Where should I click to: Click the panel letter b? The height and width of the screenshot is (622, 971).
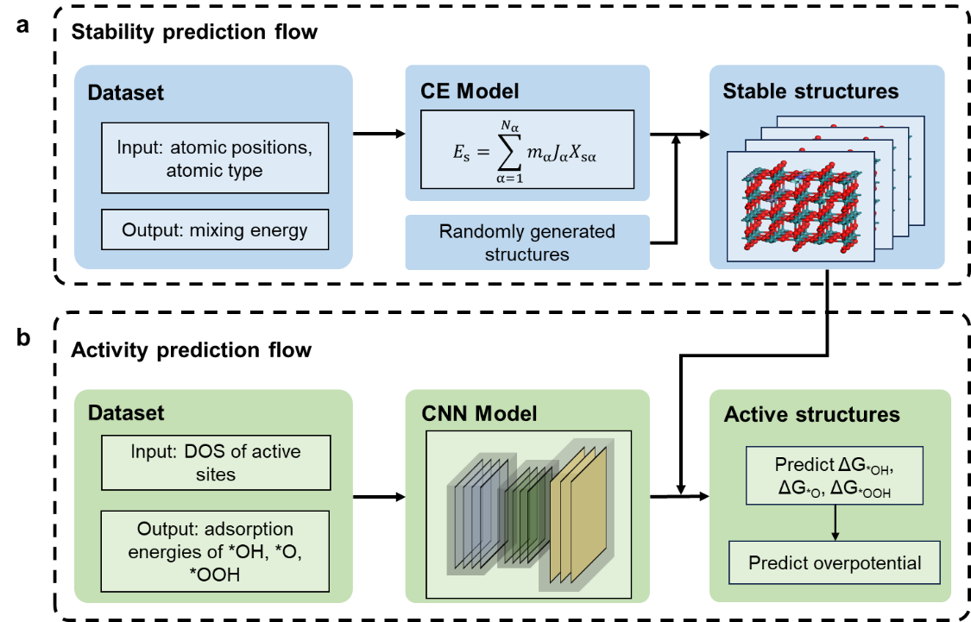pos(23,338)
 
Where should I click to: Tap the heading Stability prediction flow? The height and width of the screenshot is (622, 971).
pos(194,32)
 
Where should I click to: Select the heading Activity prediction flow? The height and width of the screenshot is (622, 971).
pos(191,349)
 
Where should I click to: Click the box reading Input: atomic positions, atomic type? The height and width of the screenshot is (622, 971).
pos(215,158)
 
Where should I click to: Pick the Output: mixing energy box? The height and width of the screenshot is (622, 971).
pos(215,229)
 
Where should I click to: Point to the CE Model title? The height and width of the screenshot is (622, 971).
pos(470,91)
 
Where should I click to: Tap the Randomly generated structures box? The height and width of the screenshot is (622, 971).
pos(527,242)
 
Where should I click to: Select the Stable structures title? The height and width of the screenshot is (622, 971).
pos(810,91)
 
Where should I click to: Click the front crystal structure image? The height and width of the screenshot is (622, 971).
pos(801,206)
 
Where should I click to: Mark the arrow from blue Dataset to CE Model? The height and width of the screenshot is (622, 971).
pos(379,134)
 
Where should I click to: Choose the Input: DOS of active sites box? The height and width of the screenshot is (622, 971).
pos(216,462)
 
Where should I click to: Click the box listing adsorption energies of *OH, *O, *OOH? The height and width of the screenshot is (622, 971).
pos(215,550)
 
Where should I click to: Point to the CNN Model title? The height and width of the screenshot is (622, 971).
pos(479,413)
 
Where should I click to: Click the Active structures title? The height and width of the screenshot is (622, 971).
pos(812,414)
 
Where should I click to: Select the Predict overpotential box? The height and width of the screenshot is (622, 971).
pos(834,562)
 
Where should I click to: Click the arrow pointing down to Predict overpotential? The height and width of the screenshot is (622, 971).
pos(835,522)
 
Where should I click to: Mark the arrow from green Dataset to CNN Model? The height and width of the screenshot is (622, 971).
pos(379,496)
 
